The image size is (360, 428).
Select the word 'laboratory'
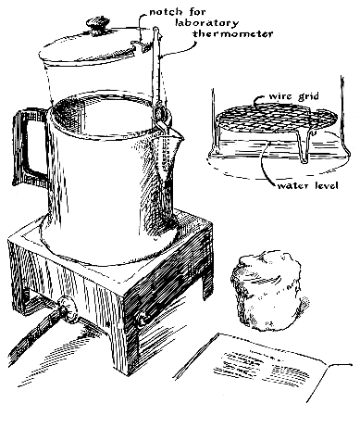pyautogui.click(x=206, y=22)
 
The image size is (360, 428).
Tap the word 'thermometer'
pyautogui.click(x=233, y=33)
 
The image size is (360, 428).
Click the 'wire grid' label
pyautogui.click(x=293, y=96)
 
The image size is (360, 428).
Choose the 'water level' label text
pyautogui.click(x=307, y=185)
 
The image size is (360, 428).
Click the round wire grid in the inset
pyautogui.click(x=276, y=119)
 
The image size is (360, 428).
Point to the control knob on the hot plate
pyautogui.click(x=68, y=308)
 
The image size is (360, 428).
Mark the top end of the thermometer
pyautogui.click(x=155, y=28)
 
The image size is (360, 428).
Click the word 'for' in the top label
pyautogui.click(x=195, y=12)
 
